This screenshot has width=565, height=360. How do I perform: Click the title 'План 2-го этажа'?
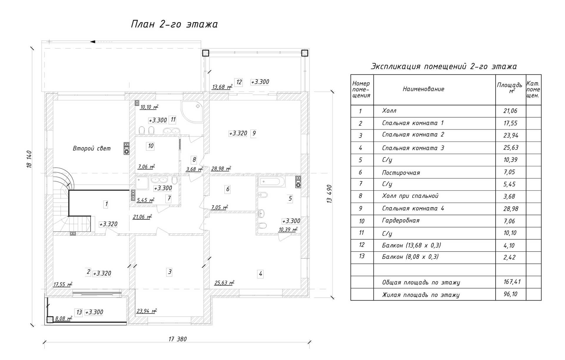174,24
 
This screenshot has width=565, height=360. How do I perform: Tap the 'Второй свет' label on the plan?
92,148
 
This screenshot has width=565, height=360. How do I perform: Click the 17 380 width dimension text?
177,339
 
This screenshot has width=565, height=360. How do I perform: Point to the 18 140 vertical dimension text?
29,159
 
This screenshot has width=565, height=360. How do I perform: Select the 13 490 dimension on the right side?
329,194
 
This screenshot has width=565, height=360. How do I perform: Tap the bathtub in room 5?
272,181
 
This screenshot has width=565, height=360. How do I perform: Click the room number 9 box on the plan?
254,133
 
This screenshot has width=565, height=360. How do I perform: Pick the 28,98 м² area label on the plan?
221,169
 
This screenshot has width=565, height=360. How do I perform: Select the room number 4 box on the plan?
260,274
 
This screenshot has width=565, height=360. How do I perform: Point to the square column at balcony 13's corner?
50,319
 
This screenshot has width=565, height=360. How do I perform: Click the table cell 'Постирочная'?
401,173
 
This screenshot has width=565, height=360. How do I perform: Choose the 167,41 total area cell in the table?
512,282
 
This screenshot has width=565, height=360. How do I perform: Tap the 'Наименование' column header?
423,89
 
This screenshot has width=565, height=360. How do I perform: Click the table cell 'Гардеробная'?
401,221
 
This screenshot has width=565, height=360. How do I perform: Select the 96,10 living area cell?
510,294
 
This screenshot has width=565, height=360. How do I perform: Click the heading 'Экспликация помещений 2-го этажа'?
443,66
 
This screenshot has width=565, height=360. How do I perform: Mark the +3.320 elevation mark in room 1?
108,224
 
